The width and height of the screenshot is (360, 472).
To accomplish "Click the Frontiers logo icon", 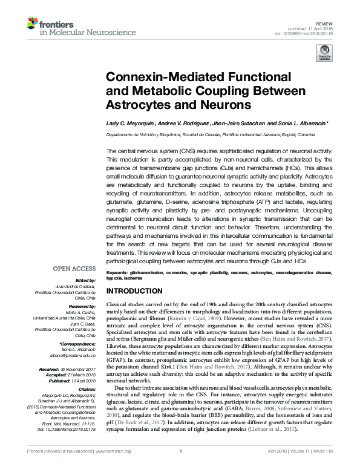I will tap(33, 24).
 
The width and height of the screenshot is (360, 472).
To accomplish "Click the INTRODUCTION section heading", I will tap(134, 291).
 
